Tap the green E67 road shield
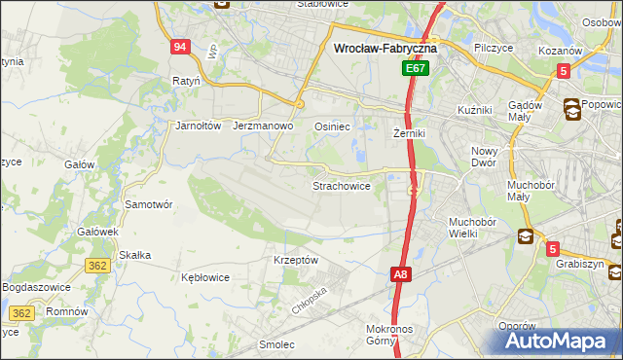(x=416, y=69)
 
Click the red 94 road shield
(x=179, y=48)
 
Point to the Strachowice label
(x=341, y=185)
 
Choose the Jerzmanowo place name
(x=264, y=126)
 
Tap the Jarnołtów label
(x=199, y=126)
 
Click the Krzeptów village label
(x=296, y=260)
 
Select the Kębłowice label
(x=205, y=277)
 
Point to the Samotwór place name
(x=149, y=204)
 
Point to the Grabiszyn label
(x=581, y=264)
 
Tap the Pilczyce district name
(x=494, y=46)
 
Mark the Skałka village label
(x=134, y=255)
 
